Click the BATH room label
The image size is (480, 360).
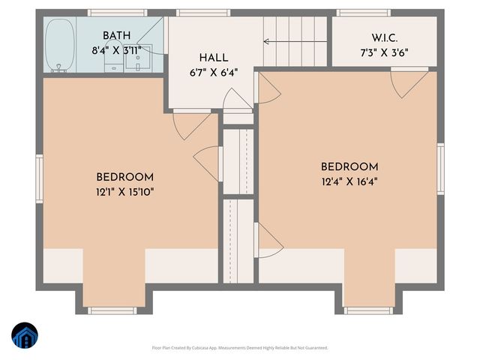(x=116, y=35)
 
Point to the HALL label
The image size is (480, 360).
(x=213, y=58)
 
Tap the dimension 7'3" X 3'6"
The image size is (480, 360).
(x=384, y=53)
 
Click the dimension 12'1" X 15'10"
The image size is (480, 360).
(x=124, y=191)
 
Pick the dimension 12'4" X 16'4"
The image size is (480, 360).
(x=349, y=181)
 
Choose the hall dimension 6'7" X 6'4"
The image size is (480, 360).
(x=213, y=73)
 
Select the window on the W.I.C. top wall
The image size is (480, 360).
(x=363, y=13)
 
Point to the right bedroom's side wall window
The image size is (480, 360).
(x=440, y=169)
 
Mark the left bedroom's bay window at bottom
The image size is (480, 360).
(x=112, y=310)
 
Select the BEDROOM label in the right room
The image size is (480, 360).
(x=349, y=166)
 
